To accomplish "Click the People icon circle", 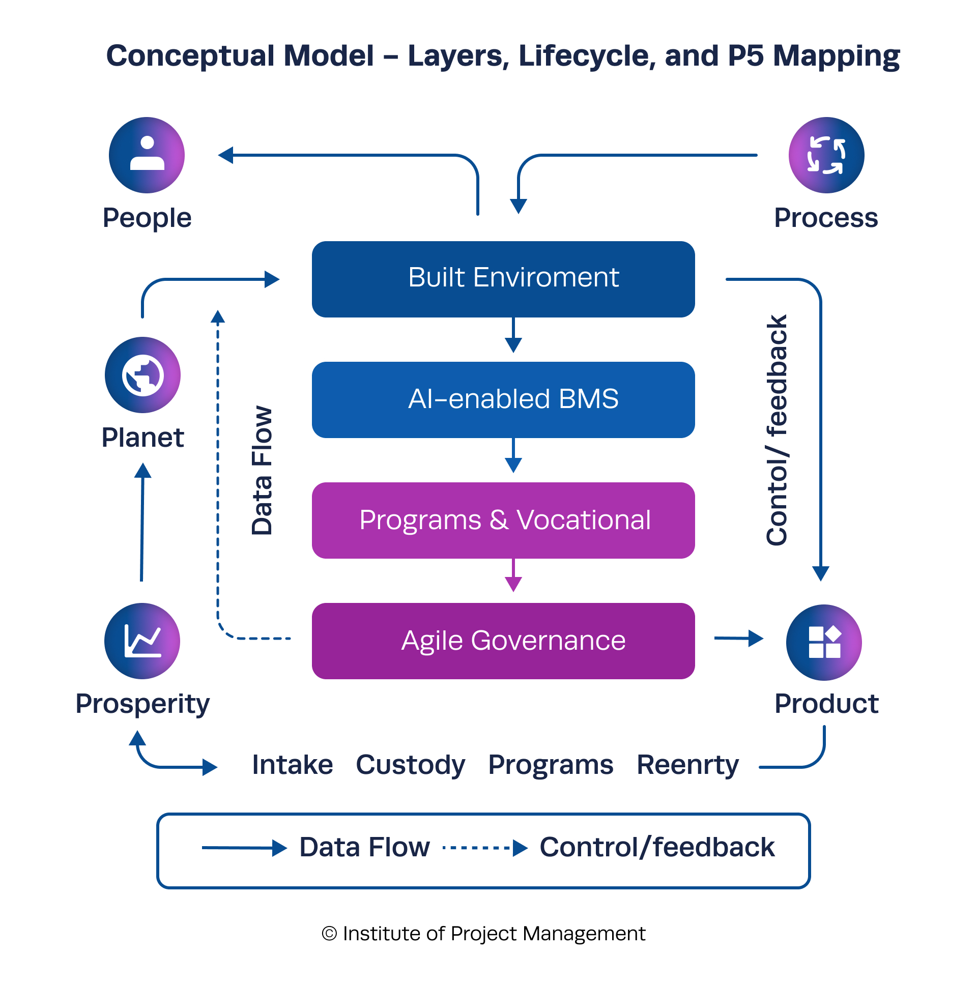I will pyautogui.click(x=147, y=155).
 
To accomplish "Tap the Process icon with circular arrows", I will pyautogui.click(x=826, y=155).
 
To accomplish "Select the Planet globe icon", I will pyautogui.click(x=142, y=375).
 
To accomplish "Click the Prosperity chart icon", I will pyautogui.click(x=142, y=641).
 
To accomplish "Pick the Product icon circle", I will pyautogui.click(x=824, y=642).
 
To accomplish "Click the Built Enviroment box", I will pyautogui.click(x=503, y=279).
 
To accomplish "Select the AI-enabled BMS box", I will pyautogui.click(x=503, y=399).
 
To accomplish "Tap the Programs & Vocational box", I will pyautogui.click(x=503, y=520).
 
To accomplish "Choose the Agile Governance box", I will pyautogui.click(x=503, y=641).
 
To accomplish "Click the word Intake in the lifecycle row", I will pyautogui.click(x=293, y=765).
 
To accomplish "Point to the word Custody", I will pyautogui.click(x=410, y=765).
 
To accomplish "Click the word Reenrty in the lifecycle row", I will pyautogui.click(x=687, y=765).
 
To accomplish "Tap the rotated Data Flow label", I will pyautogui.click(x=263, y=471).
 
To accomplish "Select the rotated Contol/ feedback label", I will pyautogui.click(x=777, y=430).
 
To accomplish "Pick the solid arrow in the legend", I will pyautogui.click(x=244, y=848).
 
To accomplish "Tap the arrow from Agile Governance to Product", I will pyautogui.click(x=739, y=638).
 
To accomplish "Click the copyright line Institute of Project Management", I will pyautogui.click(x=483, y=934).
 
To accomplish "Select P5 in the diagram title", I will pyautogui.click(x=746, y=55).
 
